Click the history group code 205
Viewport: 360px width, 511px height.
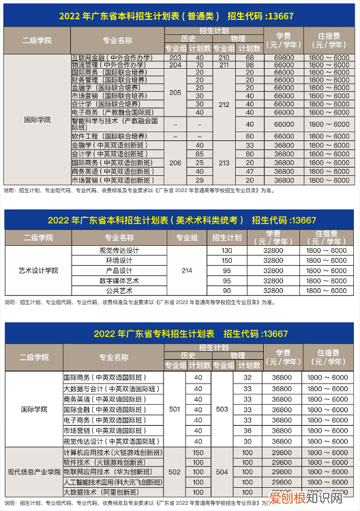(x=175, y=93)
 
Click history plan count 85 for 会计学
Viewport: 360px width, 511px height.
(x=200, y=154)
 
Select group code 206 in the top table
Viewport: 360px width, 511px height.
(x=175, y=163)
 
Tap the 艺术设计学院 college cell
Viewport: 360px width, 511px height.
(x=38, y=270)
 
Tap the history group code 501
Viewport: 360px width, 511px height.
(x=175, y=409)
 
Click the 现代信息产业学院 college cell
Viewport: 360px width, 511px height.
(x=34, y=472)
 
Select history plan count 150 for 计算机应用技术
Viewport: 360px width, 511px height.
(x=199, y=452)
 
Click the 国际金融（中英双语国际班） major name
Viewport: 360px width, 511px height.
(x=104, y=409)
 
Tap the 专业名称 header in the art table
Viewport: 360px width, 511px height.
(x=117, y=238)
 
